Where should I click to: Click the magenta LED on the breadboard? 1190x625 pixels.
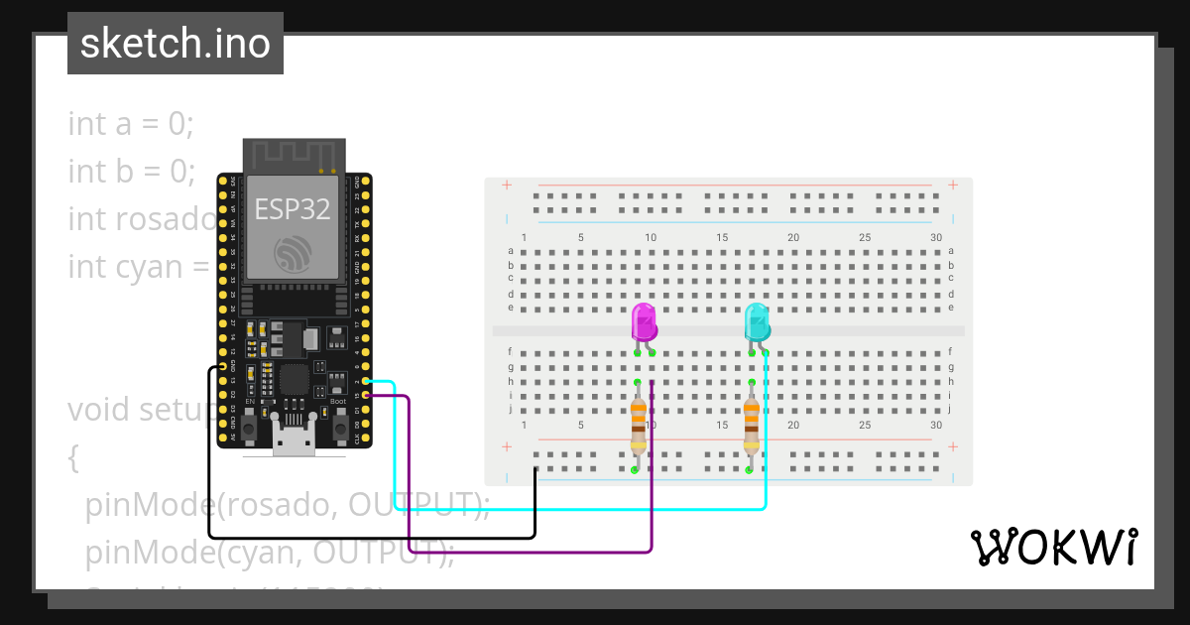point(644,323)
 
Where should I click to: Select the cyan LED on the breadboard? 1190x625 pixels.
point(758,323)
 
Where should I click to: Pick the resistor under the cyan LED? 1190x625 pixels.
point(752,424)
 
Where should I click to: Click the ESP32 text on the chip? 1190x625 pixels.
point(293,208)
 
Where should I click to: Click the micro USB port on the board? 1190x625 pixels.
point(294,441)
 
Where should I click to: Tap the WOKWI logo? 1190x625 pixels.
point(1053,547)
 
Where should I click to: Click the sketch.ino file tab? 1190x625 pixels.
point(176,44)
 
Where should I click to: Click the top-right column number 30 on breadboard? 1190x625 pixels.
point(936,238)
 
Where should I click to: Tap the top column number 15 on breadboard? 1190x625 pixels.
point(723,238)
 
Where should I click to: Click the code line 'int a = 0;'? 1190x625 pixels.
point(131,124)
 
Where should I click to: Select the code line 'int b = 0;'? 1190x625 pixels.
point(131,172)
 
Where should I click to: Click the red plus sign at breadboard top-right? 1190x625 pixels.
point(953,185)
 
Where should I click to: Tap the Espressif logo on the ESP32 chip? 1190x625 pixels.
point(294,254)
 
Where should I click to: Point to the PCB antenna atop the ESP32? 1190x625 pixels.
point(294,156)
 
